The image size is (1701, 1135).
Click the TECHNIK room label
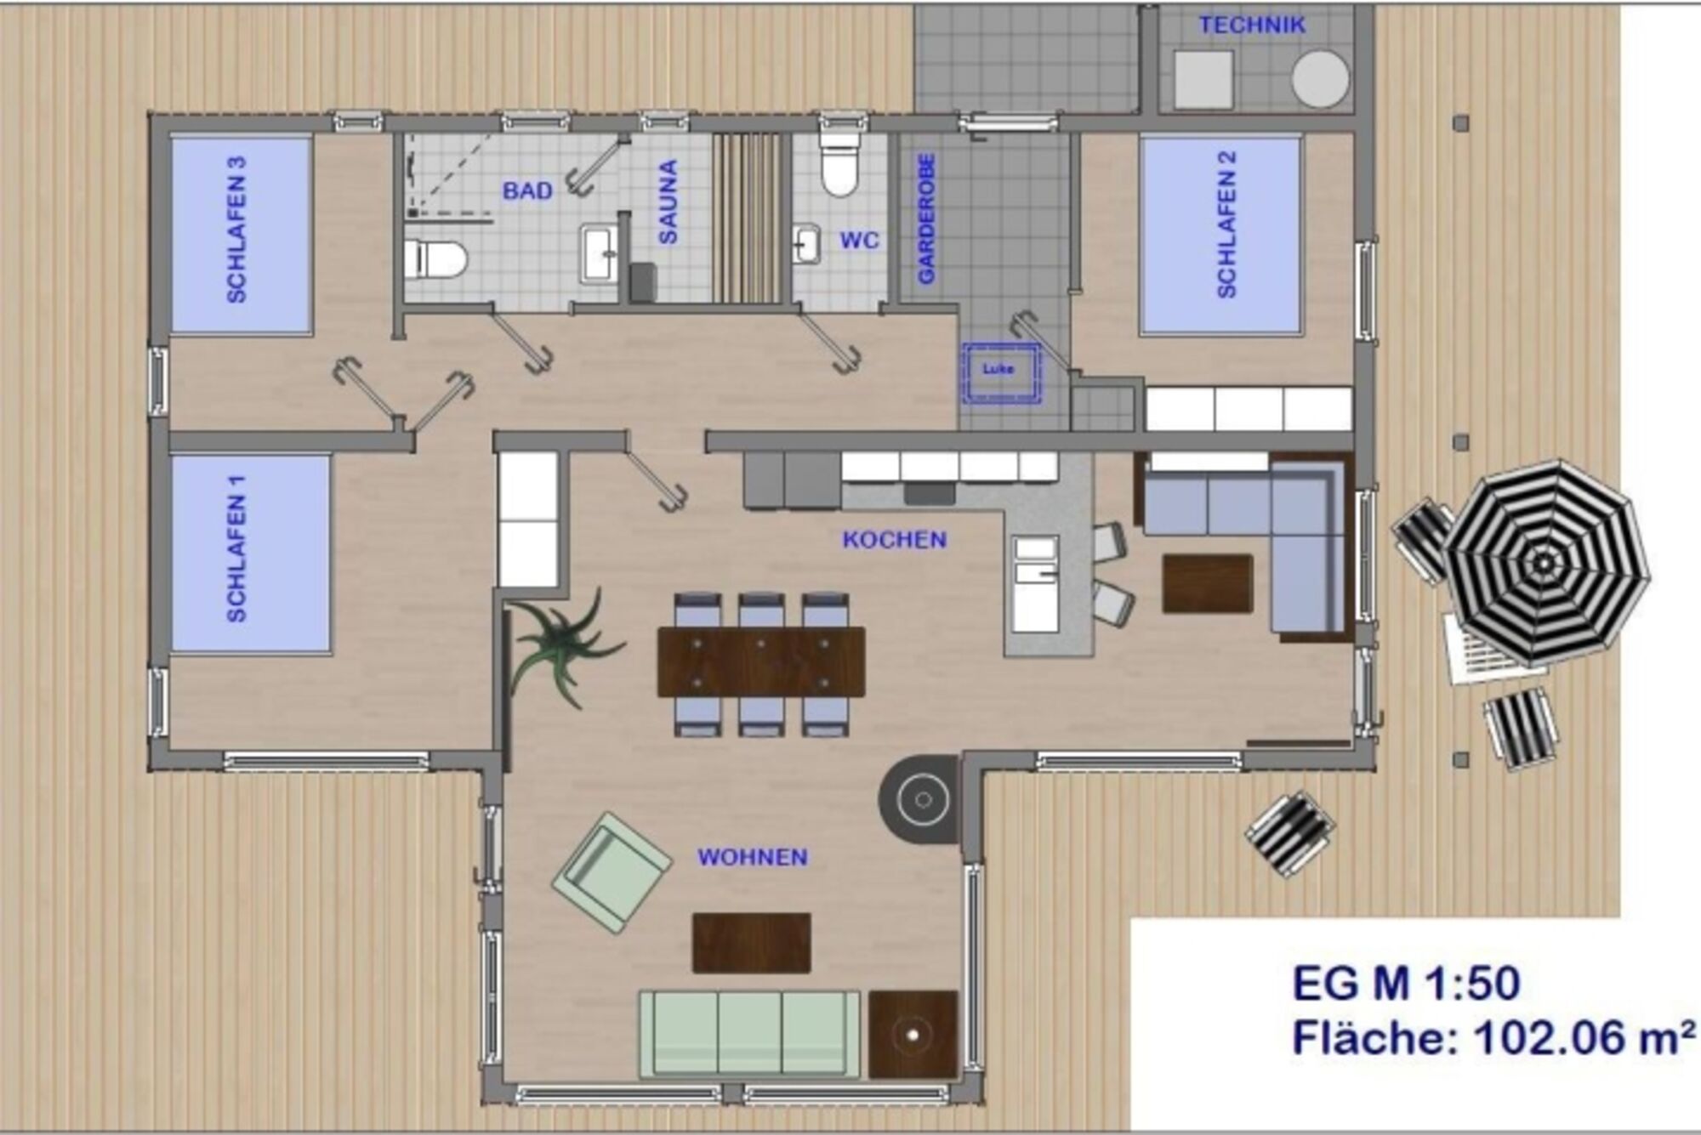click(x=1251, y=26)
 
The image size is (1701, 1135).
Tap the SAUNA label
click(x=668, y=202)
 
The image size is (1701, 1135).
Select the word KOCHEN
click(x=894, y=540)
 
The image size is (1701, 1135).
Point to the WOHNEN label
click(x=753, y=857)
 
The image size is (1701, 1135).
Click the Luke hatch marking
click(x=999, y=372)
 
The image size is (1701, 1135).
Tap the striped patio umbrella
click(x=1545, y=564)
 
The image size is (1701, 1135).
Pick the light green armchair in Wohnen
click(x=611, y=872)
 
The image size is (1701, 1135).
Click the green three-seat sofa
click(x=749, y=1033)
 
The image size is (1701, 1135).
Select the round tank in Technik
click(x=1320, y=78)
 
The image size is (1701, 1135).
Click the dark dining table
click(x=761, y=662)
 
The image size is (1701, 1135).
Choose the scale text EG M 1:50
click(x=1406, y=985)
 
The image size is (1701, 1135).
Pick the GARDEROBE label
click(x=926, y=218)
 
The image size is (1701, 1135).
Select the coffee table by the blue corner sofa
click(x=1208, y=583)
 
